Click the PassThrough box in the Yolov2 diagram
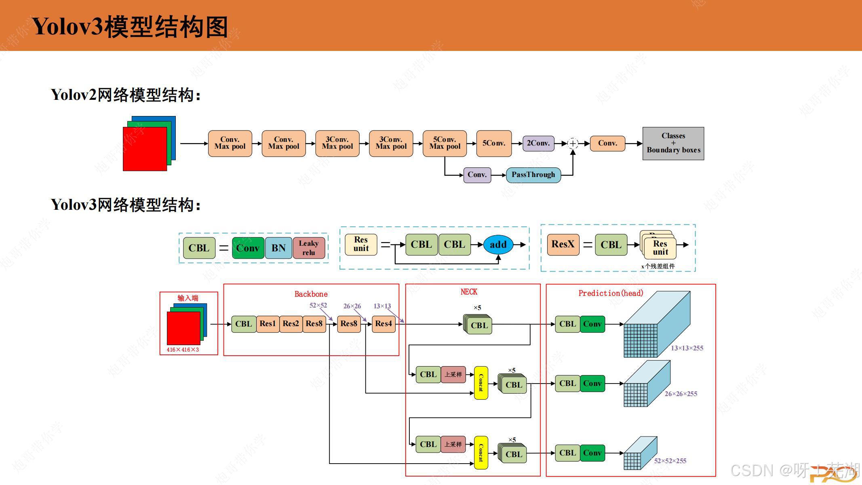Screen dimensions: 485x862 pyautogui.click(x=533, y=175)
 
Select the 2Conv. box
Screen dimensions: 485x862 pyautogui.click(x=538, y=143)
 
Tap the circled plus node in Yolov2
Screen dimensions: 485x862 pyautogui.click(x=573, y=143)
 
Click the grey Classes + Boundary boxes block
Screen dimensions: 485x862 pyautogui.click(x=673, y=143)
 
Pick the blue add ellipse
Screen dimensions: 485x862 pyautogui.click(x=498, y=245)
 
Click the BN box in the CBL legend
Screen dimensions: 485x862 pyautogui.click(x=278, y=248)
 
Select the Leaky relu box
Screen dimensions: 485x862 pyautogui.click(x=309, y=248)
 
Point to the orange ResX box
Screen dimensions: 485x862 pyautogui.click(x=563, y=245)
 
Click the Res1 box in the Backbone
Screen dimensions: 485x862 pyautogui.click(x=267, y=324)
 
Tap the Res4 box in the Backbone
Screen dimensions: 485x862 pyautogui.click(x=383, y=324)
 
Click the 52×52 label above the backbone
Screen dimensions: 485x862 pyautogui.click(x=318, y=306)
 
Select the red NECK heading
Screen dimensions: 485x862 pyautogui.click(x=469, y=292)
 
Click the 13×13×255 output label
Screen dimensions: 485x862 pyautogui.click(x=687, y=348)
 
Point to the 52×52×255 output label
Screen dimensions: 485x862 pyautogui.click(x=670, y=461)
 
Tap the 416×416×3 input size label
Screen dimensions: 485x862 pyautogui.click(x=183, y=350)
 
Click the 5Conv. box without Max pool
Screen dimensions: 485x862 pyautogui.click(x=494, y=143)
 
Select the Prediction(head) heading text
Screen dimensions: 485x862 pyautogui.click(x=611, y=293)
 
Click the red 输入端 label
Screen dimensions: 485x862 pyautogui.click(x=188, y=298)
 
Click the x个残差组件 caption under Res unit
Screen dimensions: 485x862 pyautogui.click(x=658, y=266)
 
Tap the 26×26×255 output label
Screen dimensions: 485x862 pyautogui.click(x=681, y=394)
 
